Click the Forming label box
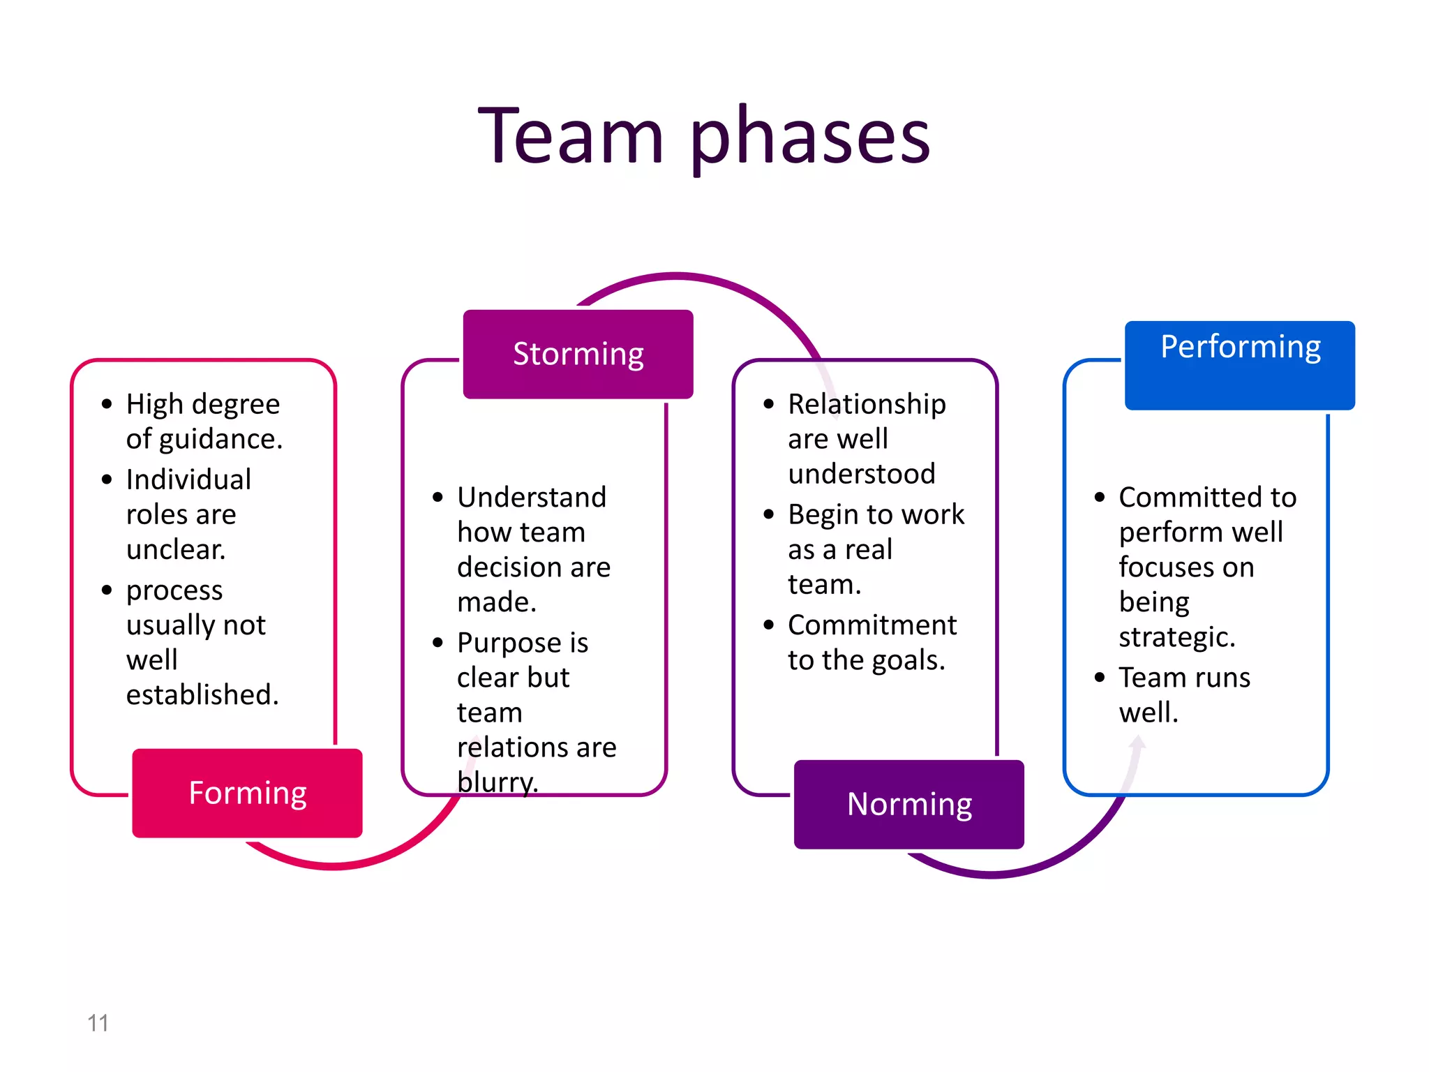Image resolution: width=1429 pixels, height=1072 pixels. pyautogui.click(x=247, y=794)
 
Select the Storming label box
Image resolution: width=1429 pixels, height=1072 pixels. pyautogui.click(x=578, y=354)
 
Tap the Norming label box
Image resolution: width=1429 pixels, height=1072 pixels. pyautogui.click(x=908, y=805)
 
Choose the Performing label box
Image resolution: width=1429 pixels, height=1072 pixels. pyautogui.click(x=1239, y=364)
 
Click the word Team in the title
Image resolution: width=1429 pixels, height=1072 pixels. pyautogui.click(x=571, y=135)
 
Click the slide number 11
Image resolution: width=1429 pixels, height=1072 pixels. pyautogui.click(x=98, y=1023)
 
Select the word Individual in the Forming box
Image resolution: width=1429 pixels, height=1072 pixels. pyautogui.click(x=188, y=480)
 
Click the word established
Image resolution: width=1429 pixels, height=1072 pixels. pyautogui.click(x=202, y=695)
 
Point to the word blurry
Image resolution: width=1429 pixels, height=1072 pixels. pyautogui.click(x=497, y=782)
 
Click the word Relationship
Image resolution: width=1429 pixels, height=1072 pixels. pyautogui.click(x=867, y=405)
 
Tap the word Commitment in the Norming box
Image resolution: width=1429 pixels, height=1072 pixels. pyautogui.click(x=872, y=625)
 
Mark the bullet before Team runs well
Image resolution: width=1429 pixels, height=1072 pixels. pyautogui.click(x=1100, y=678)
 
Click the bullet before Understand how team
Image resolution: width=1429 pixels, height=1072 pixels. pyautogui.click(x=438, y=498)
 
